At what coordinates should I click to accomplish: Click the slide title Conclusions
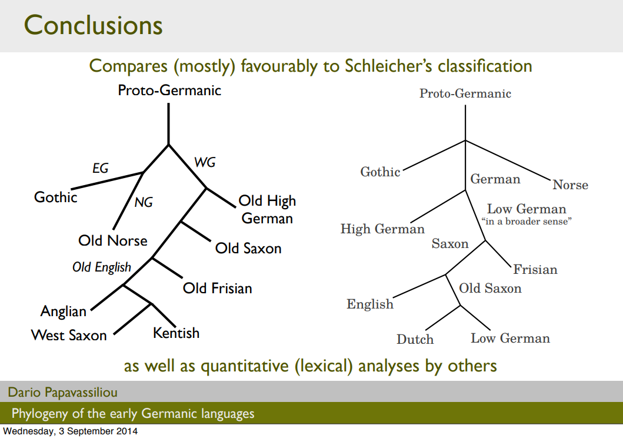coord(94,25)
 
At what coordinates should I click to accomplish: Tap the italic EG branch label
coord(101,168)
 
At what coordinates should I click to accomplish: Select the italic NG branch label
coord(144,202)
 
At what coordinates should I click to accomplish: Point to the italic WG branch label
coord(205,163)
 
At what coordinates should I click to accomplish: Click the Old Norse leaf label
coord(113,240)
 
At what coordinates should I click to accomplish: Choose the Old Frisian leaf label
coord(217,289)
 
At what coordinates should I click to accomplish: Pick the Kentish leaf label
coord(176,333)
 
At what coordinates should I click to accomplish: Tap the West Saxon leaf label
coord(69,336)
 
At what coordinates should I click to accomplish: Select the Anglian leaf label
coord(64,311)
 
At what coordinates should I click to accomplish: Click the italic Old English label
coord(102,267)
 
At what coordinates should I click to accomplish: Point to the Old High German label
coord(267,210)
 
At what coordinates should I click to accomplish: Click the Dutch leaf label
coord(415,339)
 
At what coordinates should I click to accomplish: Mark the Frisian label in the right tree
coord(535,270)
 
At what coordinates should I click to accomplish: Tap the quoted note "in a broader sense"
coord(527,222)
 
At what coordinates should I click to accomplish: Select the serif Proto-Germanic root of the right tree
coord(465,93)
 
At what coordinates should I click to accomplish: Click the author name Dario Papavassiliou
coord(63,392)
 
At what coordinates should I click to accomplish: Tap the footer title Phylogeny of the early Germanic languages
coord(133,413)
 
